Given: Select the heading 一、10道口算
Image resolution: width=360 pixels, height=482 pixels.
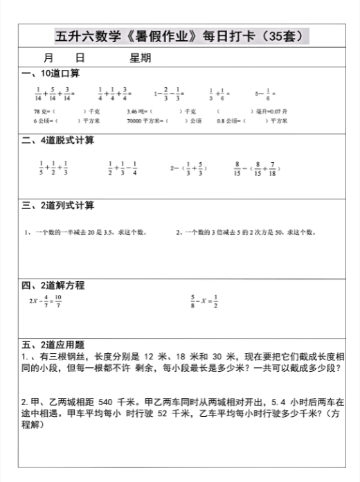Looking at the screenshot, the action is (x=51, y=74).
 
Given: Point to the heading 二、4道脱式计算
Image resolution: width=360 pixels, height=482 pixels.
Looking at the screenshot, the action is (x=57, y=141).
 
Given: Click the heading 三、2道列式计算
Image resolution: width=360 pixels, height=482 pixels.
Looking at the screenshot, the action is (x=57, y=206).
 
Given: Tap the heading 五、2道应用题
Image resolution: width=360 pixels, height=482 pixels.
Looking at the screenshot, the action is (x=53, y=344).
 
